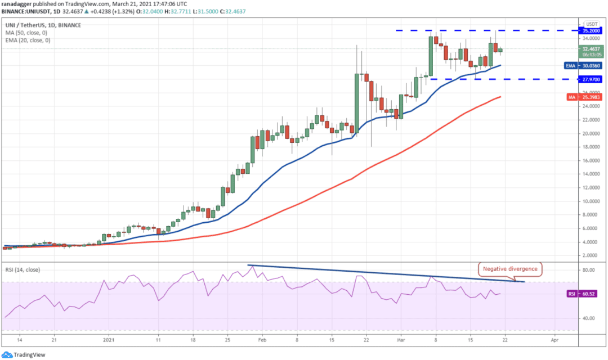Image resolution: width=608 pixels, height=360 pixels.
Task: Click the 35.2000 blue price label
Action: [590, 30]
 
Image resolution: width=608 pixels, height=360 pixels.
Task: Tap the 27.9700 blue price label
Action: [590, 79]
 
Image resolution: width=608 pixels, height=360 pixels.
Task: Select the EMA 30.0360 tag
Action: [583, 66]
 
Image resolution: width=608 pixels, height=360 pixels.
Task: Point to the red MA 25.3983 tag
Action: [584, 97]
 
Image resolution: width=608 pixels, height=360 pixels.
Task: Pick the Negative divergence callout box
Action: [510, 269]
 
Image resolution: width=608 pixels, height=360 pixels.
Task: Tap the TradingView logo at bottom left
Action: [24, 354]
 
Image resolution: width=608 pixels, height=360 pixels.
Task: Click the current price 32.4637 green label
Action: [591, 52]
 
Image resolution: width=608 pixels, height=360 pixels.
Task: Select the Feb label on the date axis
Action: [262, 340]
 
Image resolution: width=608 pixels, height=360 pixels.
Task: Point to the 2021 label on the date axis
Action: [109, 340]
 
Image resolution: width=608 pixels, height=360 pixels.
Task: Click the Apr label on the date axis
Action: [555, 340]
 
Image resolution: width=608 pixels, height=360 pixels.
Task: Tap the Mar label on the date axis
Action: [401, 340]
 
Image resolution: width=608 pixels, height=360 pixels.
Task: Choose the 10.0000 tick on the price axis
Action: [591, 201]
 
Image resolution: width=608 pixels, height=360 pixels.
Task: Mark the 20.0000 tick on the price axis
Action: [591, 134]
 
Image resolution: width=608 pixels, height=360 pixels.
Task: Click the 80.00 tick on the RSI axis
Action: [588, 270]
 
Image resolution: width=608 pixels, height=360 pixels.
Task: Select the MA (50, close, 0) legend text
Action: [26, 33]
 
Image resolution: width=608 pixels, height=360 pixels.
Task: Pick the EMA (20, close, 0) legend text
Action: [28, 40]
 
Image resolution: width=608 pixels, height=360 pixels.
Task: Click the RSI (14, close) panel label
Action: [23, 269]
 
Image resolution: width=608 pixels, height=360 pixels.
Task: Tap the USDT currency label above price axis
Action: [592, 24]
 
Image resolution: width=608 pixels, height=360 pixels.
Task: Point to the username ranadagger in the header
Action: [16, 4]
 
